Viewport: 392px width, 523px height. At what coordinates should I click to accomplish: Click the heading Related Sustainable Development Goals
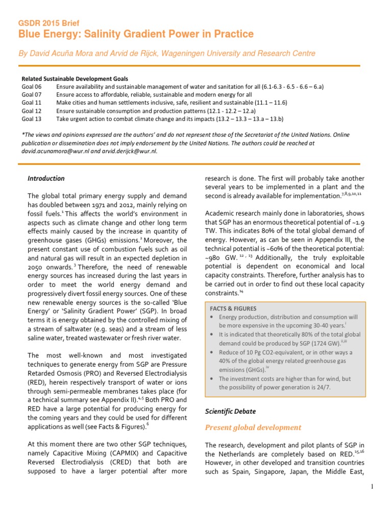(75, 79)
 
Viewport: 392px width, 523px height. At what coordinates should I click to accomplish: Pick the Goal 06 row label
(31, 87)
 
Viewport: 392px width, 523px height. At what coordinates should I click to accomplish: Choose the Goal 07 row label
(31, 94)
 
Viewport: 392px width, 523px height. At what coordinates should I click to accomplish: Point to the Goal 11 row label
(31, 102)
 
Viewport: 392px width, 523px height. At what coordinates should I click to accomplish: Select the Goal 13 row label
(31, 118)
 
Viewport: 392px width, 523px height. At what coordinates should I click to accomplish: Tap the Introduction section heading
(46, 178)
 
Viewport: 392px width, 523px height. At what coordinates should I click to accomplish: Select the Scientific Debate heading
(230, 411)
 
